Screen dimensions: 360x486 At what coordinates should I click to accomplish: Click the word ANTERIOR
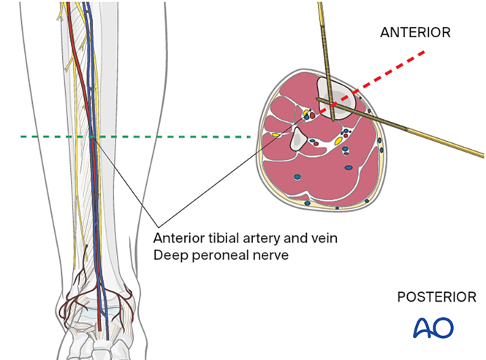[x=414, y=32]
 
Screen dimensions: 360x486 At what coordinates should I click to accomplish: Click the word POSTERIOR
[x=436, y=297]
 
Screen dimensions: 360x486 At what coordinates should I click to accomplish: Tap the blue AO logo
[x=433, y=326]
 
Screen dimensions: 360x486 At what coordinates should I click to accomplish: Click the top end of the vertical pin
[x=320, y=4]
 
